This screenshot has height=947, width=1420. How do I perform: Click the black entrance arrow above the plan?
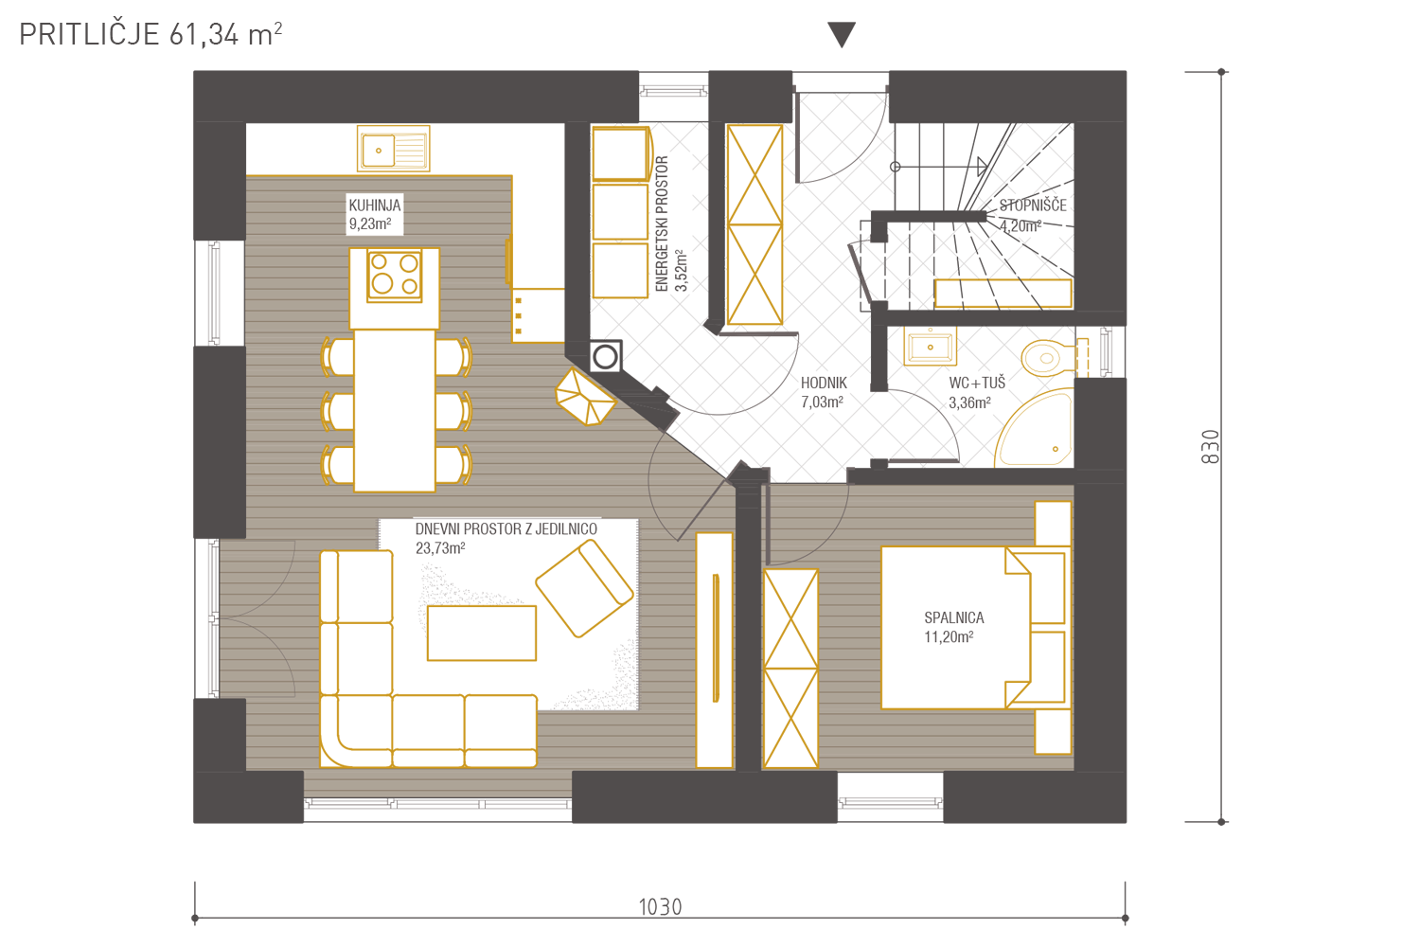(842, 34)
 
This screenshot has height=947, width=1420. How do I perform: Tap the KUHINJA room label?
(375, 205)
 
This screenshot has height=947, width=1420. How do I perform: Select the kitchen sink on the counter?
(394, 149)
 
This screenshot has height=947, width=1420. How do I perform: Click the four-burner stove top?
(395, 275)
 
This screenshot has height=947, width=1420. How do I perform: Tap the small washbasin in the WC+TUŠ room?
(930, 347)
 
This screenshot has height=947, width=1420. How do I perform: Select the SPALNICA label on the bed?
(954, 617)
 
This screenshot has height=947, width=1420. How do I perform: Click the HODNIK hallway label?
(824, 383)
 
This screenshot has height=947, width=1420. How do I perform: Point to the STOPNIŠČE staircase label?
(1033, 205)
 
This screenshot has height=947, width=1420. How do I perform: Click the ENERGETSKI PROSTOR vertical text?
(662, 223)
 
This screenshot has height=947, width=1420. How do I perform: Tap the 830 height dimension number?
(1210, 447)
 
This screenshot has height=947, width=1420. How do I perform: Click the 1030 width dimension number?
(660, 907)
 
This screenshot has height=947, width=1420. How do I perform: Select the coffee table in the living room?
(482, 633)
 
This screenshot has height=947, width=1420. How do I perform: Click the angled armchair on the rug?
(584, 588)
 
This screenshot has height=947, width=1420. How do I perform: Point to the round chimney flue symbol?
(606, 356)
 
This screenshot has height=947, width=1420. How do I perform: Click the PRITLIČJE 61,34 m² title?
(151, 34)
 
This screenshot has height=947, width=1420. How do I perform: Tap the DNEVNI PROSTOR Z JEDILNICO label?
(506, 529)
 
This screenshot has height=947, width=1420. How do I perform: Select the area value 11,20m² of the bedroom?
(949, 636)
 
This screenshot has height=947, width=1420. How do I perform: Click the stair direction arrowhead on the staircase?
(982, 167)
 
